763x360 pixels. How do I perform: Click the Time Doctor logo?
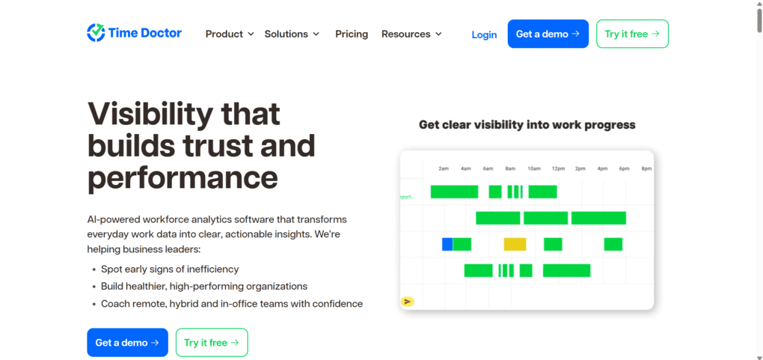pos(134,33)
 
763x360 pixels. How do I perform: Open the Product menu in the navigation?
pos(229,34)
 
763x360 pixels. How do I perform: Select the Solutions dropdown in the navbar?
pos(292,34)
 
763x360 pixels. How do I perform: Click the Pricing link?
pos(352,34)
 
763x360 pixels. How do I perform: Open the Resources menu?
pos(411,34)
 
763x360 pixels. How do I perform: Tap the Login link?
pos(484,34)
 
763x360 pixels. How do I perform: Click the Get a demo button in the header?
pos(548,34)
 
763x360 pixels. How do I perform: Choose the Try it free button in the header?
pos(632,34)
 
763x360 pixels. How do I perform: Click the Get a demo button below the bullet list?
pos(127,343)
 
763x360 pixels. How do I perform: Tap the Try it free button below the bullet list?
pos(212,343)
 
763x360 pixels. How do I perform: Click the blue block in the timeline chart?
pos(447,244)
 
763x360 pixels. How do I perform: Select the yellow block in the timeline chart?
pos(515,244)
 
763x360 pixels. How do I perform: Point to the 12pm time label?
pos(558,169)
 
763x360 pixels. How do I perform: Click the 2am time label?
pos(444,169)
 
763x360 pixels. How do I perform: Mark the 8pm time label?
pos(646,169)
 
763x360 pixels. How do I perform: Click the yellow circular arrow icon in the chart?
pos(407,301)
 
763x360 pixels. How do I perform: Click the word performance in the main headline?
pos(183,178)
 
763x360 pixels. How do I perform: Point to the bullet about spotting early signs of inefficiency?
pos(170,269)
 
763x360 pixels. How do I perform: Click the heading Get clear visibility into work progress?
pos(527,125)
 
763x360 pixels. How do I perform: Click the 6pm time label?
pos(624,169)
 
